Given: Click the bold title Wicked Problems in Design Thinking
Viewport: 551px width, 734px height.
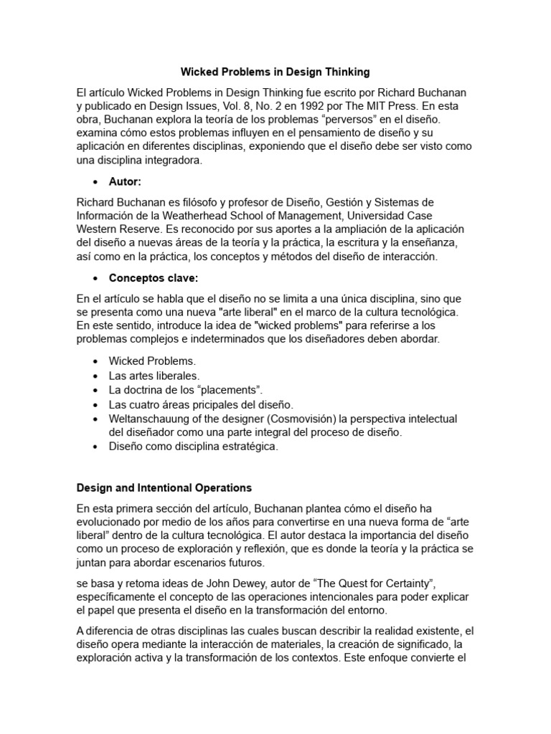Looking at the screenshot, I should [275, 72].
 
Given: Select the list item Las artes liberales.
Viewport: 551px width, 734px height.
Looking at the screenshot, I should [154, 376].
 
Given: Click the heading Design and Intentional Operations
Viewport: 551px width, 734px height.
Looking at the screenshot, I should [164, 488].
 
